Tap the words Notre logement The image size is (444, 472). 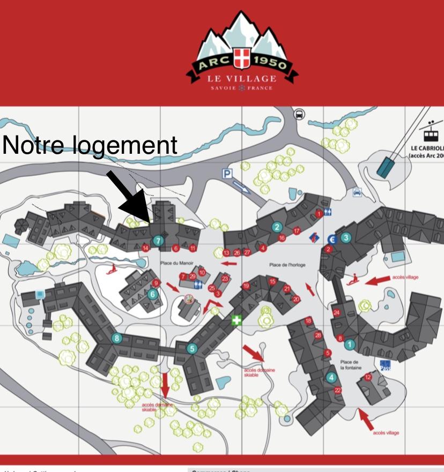click(90, 145)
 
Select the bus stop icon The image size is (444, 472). click(299, 114)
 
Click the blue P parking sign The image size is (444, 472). click(228, 174)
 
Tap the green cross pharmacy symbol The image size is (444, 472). click(235, 320)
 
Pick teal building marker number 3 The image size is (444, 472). click(346, 237)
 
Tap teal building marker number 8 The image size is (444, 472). click(117, 338)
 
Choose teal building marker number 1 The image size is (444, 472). click(350, 344)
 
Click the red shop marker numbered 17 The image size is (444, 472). click(297, 230)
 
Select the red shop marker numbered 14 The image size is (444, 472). click(145, 248)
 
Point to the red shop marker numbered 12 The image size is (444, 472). click(368, 377)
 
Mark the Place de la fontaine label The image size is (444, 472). click(350, 365)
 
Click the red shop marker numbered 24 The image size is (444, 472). click(336, 312)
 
